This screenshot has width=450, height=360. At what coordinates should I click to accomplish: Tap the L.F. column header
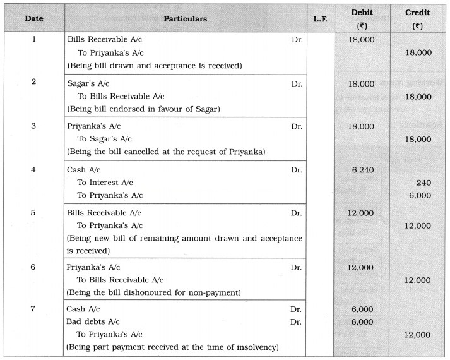(321, 19)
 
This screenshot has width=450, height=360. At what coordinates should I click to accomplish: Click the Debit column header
(362, 18)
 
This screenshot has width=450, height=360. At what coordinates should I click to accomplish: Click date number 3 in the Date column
(33, 126)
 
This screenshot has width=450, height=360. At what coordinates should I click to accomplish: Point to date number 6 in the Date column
(33, 267)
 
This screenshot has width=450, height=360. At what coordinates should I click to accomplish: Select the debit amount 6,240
(362, 170)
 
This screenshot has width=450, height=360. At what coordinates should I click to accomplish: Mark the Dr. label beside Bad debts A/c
(297, 321)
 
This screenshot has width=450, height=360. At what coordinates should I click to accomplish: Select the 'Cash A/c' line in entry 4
(84, 170)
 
